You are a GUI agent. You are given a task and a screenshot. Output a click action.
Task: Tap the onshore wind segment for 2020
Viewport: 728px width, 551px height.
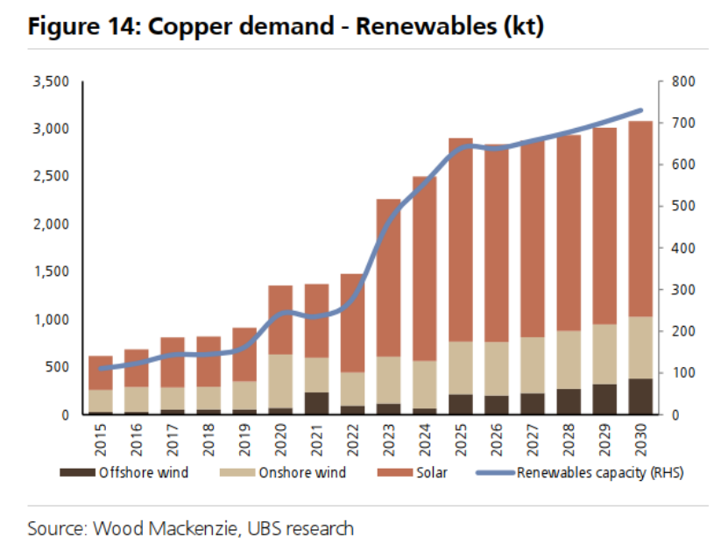(280, 381)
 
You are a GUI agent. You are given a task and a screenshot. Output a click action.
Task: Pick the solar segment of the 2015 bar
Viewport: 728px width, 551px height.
(101, 372)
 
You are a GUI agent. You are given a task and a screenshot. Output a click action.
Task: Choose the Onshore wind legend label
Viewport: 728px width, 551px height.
(301, 473)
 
